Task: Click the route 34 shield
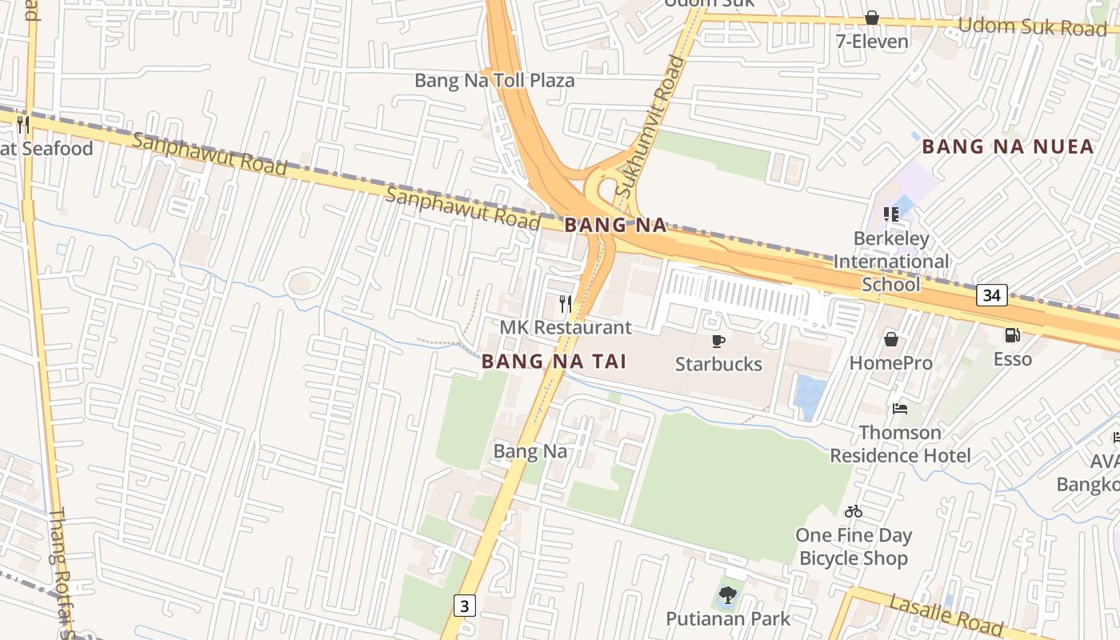tap(991, 295)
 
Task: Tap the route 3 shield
tap(464, 605)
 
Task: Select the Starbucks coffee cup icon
tap(718, 341)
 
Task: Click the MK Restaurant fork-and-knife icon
tap(566, 304)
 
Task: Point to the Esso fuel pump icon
tap(1012, 335)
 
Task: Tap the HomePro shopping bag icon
tap(890, 339)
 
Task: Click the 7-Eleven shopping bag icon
tap(872, 18)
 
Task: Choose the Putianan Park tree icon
tap(727, 595)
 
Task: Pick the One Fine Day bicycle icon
tap(854, 511)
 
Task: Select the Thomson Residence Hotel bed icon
tap(900, 409)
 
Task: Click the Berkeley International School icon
tap(890, 214)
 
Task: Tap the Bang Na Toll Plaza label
tap(494, 81)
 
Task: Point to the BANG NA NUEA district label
tap(1007, 146)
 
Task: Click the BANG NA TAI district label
tap(554, 362)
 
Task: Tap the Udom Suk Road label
tap(1032, 26)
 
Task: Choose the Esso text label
tap(1013, 359)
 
